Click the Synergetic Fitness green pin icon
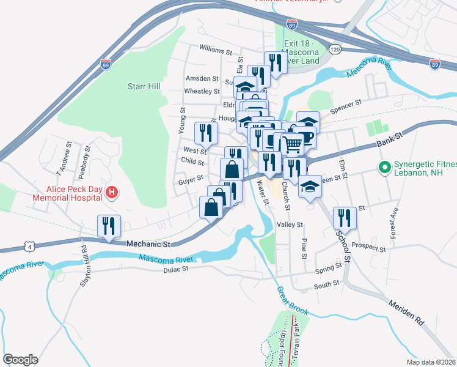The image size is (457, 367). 385,166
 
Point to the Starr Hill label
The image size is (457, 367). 144,86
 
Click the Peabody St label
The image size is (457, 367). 88,157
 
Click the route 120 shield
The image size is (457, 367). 334,48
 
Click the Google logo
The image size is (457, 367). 20,359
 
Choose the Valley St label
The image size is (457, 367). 290,224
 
